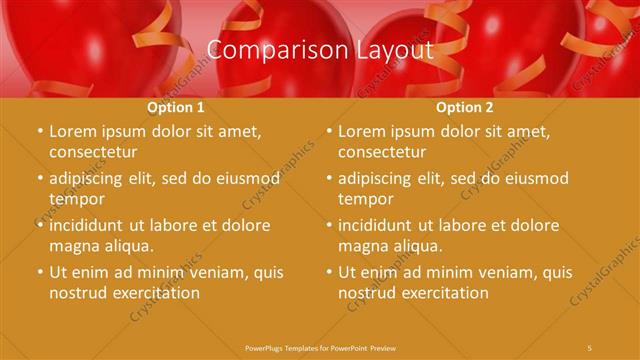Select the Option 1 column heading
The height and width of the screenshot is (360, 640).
[x=176, y=107]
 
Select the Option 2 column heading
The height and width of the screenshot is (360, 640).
[x=465, y=107]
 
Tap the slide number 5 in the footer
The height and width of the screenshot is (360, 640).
[x=591, y=348]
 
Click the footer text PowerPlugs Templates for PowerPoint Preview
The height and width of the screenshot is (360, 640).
[x=320, y=348]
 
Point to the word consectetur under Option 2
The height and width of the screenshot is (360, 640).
[x=381, y=152]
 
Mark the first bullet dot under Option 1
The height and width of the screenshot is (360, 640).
[x=39, y=132]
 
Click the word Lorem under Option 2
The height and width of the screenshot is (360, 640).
[x=360, y=132]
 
